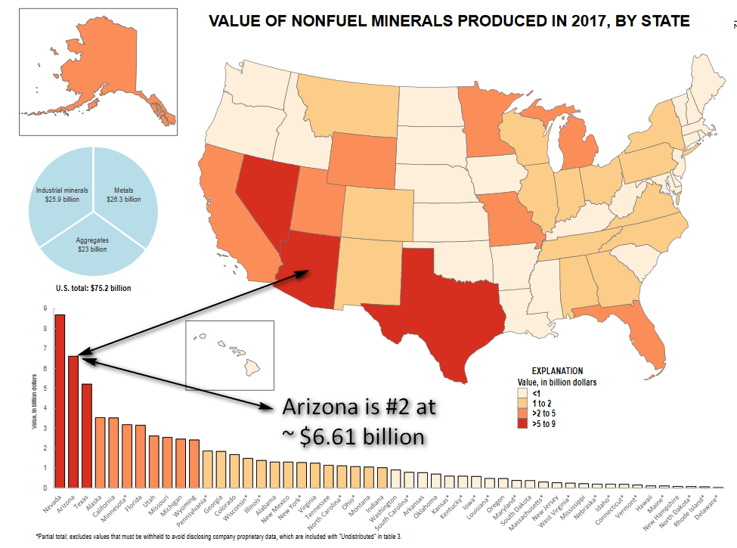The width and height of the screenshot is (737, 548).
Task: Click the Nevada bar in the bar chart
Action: click(x=60, y=401)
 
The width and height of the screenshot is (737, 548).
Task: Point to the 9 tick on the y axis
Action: click(x=45, y=308)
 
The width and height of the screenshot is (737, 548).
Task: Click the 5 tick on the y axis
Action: click(x=45, y=389)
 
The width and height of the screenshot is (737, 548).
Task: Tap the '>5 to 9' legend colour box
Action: click(x=521, y=425)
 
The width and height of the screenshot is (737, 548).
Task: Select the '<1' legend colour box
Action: click(x=521, y=393)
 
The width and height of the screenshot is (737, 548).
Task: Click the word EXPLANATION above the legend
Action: click(x=557, y=371)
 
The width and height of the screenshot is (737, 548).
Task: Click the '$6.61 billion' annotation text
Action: click(x=359, y=436)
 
